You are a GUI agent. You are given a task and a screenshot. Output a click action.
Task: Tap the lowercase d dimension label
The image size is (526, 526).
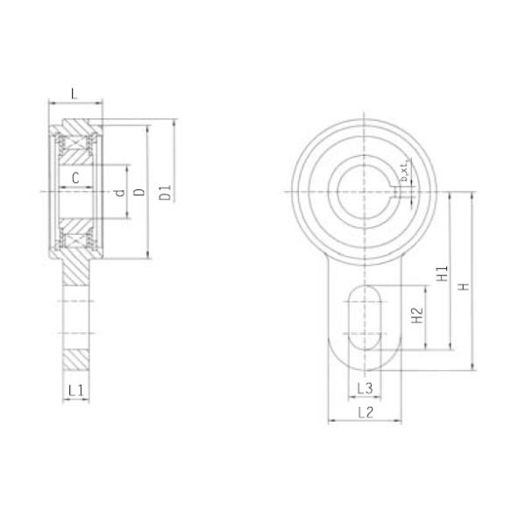[x=118, y=191]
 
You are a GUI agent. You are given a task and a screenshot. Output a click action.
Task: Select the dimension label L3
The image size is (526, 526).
[x=366, y=387]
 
